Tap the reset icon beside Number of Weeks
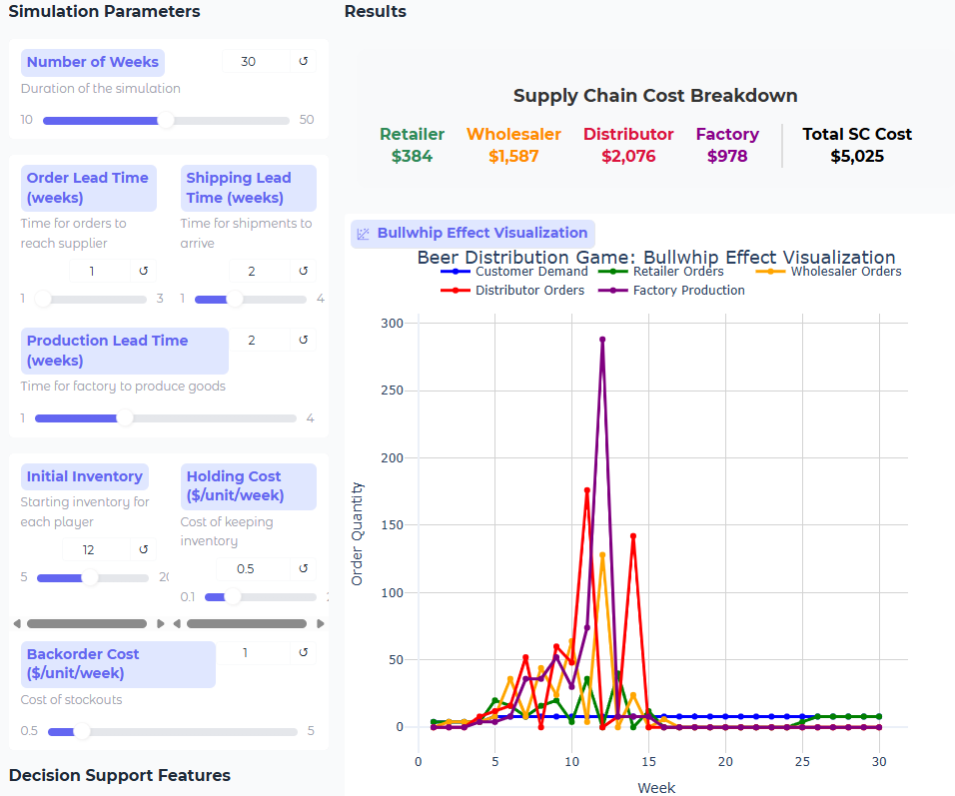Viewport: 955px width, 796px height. point(304,62)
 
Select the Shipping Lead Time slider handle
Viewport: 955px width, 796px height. point(235,299)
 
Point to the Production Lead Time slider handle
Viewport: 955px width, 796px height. point(125,418)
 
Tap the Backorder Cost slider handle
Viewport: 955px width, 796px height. point(82,731)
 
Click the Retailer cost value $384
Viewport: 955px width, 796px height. point(412,156)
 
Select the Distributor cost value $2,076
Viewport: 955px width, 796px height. point(628,156)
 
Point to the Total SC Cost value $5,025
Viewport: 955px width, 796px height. point(857,156)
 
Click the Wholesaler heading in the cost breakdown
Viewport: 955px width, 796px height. point(513,134)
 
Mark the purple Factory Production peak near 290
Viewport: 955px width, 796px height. point(602,340)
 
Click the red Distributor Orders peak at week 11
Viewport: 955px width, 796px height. point(587,490)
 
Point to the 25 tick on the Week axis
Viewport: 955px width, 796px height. point(802,762)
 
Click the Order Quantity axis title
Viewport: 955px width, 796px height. point(358,533)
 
